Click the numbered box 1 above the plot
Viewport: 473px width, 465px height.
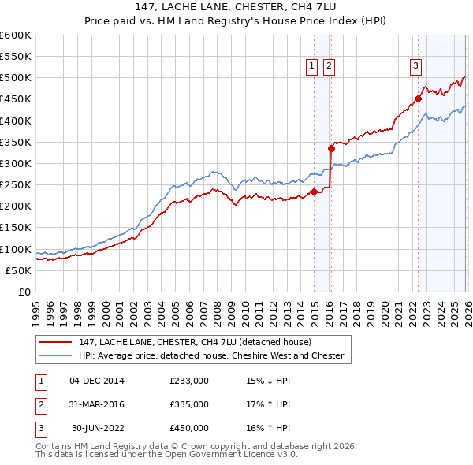click(x=312, y=67)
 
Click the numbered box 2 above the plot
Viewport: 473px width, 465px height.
click(x=329, y=67)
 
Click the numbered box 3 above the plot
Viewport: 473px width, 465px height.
click(x=415, y=67)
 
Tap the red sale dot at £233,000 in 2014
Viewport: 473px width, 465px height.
click(x=314, y=192)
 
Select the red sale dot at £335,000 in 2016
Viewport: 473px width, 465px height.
click(x=332, y=148)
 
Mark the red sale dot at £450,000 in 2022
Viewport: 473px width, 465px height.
click(x=419, y=99)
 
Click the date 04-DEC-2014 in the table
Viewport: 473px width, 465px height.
click(x=96, y=381)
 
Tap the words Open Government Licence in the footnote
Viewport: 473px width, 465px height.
click(x=223, y=455)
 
